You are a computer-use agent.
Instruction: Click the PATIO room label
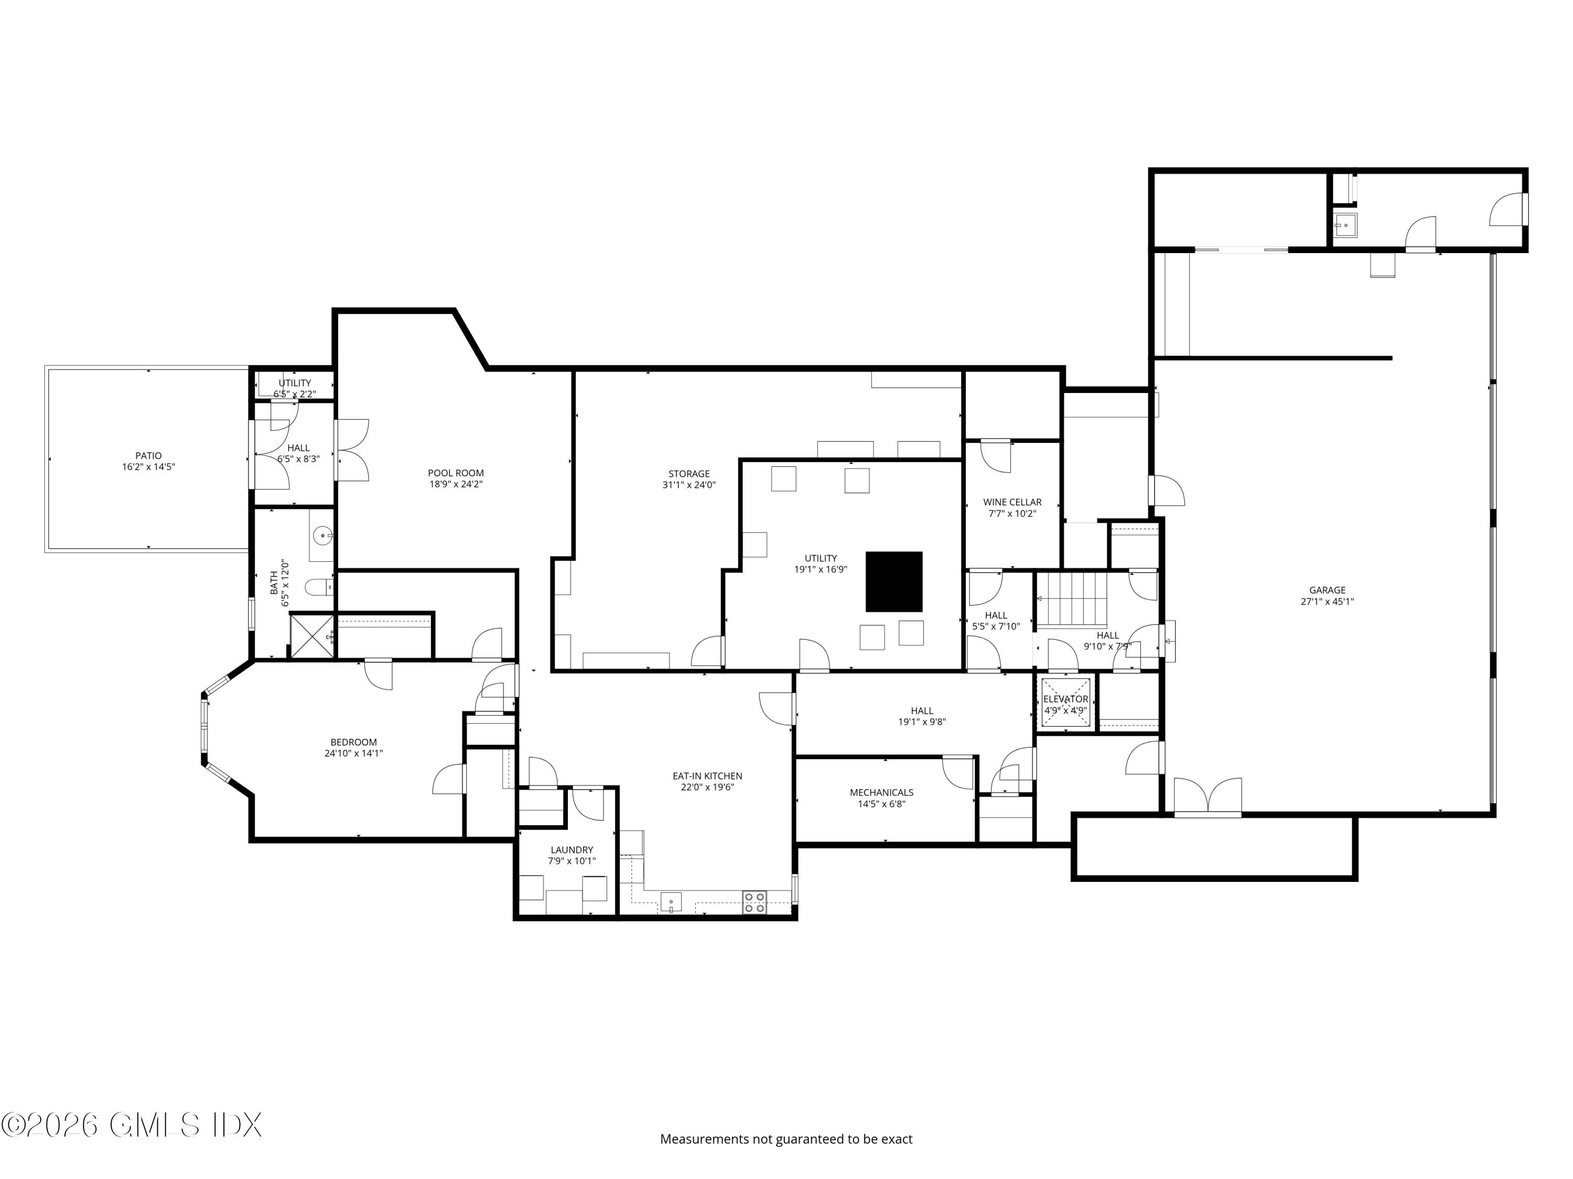click(148, 461)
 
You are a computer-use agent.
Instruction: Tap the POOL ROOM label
click(456, 478)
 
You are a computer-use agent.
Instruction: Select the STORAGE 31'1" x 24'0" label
click(688, 479)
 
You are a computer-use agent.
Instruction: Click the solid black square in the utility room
click(894, 581)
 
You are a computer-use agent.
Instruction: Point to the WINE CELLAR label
click(1012, 507)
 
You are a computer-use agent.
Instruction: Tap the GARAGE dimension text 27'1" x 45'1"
click(1327, 601)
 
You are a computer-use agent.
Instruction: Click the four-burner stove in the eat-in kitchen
click(755, 902)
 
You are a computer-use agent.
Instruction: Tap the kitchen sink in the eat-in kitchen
click(671, 902)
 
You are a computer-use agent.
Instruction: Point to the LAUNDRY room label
click(571, 855)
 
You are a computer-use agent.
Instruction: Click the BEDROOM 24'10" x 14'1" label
click(353, 748)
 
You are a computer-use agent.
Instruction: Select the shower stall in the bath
click(311, 636)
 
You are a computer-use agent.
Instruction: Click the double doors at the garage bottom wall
click(1208, 798)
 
